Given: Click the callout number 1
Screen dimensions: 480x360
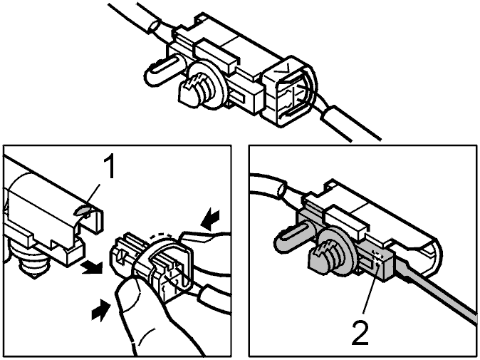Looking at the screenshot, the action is click(x=108, y=166).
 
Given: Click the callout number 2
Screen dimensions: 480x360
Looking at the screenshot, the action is click(x=360, y=332).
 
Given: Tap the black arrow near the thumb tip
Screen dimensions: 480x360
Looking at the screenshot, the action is click(x=100, y=310).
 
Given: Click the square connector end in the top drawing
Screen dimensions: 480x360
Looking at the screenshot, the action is click(x=288, y=91).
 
